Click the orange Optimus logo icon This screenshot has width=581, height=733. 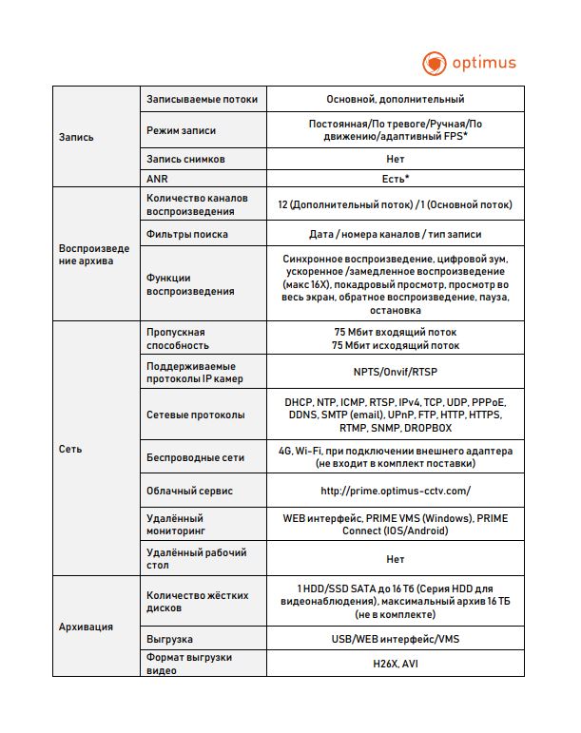[434, 64]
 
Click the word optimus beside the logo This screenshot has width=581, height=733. [484, 64]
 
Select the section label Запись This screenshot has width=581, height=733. [76, 137]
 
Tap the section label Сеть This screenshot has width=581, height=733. [69, 449]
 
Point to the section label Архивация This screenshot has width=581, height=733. [86, 627]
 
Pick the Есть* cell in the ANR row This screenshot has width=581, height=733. [395, 178]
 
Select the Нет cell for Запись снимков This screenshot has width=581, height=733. [395, 159]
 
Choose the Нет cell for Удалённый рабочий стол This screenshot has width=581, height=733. [395, 559]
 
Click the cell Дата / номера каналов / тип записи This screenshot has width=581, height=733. [395, 234]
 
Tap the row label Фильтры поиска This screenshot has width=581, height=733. [187, 234]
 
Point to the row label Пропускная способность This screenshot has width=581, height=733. [176, 338]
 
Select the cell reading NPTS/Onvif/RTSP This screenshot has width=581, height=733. [395, 373]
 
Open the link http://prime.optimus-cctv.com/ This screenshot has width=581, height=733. [395, 492]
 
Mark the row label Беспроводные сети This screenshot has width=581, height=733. [195, 457]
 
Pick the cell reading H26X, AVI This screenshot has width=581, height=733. [395, 663]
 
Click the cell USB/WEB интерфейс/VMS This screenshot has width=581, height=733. [395, 637]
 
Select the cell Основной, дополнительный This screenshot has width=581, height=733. [395, 99]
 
